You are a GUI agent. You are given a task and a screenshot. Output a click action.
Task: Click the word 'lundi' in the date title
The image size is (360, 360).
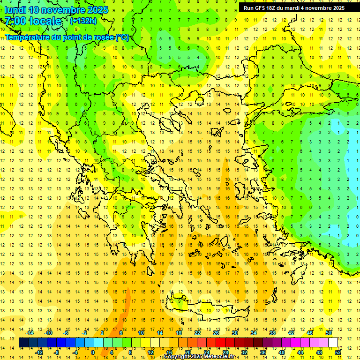click(15, 10)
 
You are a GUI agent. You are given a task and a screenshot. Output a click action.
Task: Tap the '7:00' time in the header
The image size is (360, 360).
click(15, 21)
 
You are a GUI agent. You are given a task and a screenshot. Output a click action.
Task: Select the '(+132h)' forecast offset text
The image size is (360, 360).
click(83, 21)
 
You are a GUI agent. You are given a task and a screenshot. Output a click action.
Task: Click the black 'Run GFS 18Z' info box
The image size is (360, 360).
click(294, 7)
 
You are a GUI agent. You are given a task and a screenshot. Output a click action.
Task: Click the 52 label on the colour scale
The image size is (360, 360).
click(338, 352)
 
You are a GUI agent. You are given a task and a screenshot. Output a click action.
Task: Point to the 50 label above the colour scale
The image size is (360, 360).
click(329, 333)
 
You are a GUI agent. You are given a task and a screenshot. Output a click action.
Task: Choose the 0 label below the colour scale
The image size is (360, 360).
click(92, 352)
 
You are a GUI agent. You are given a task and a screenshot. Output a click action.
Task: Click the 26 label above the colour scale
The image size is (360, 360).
click(216, 333)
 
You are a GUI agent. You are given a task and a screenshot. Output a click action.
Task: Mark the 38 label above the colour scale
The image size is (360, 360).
click(272, 333)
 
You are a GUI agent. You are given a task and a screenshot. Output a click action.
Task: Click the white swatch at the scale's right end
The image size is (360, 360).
click(333, 342)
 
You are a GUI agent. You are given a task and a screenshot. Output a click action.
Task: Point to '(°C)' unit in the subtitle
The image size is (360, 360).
click(122, 37)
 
